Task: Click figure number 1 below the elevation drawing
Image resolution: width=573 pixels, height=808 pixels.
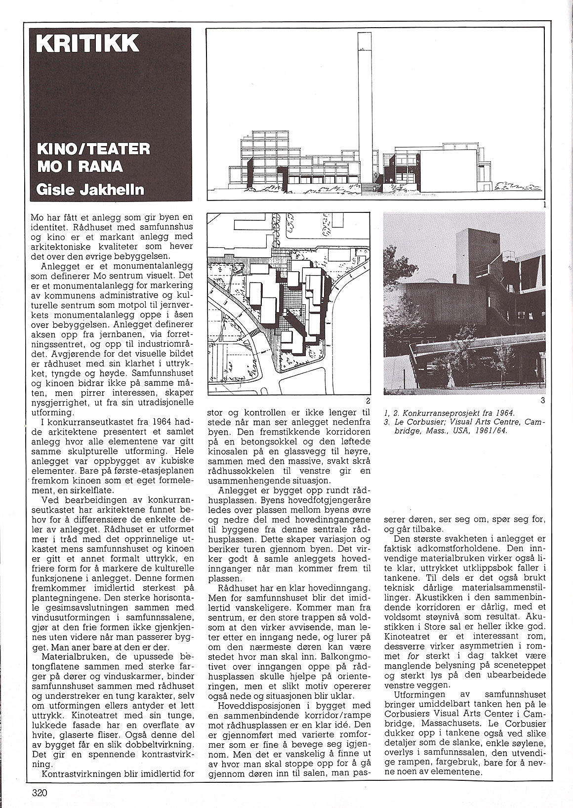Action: [x=542, y=203]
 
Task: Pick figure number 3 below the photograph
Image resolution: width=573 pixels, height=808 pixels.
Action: [x=542, y=401]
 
